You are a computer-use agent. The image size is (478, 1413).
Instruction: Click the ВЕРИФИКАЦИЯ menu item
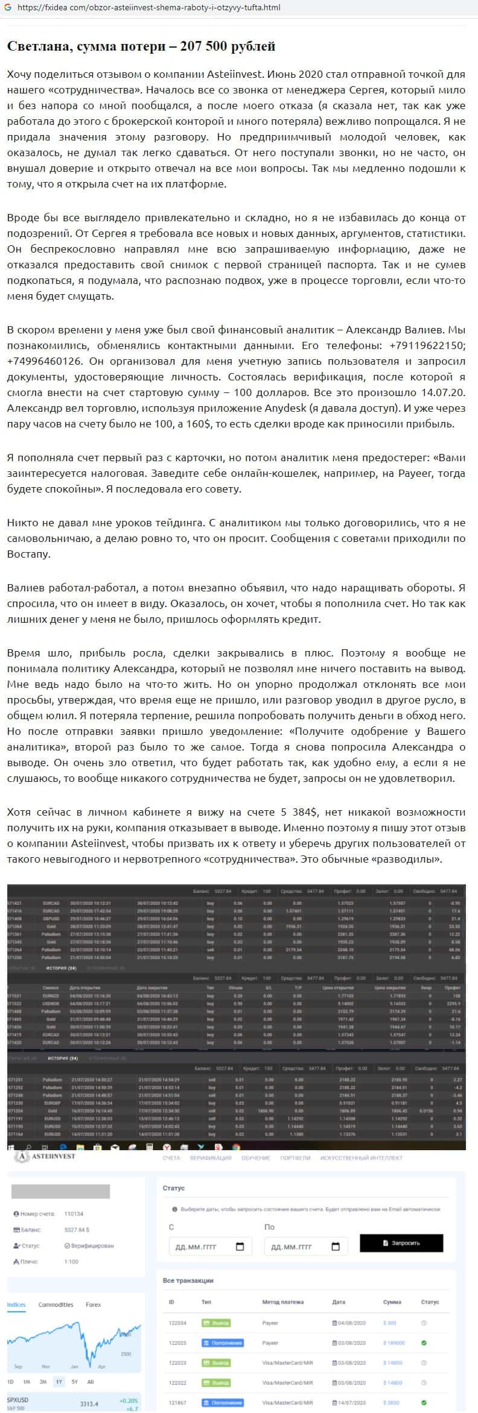210,1158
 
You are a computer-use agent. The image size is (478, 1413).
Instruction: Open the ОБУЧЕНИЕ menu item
255,1158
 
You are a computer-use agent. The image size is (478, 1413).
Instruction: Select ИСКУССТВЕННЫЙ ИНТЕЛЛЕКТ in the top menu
361,1158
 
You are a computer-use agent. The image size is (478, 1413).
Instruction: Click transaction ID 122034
177,1323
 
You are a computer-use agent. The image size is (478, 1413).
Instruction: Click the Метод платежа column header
282,1302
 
